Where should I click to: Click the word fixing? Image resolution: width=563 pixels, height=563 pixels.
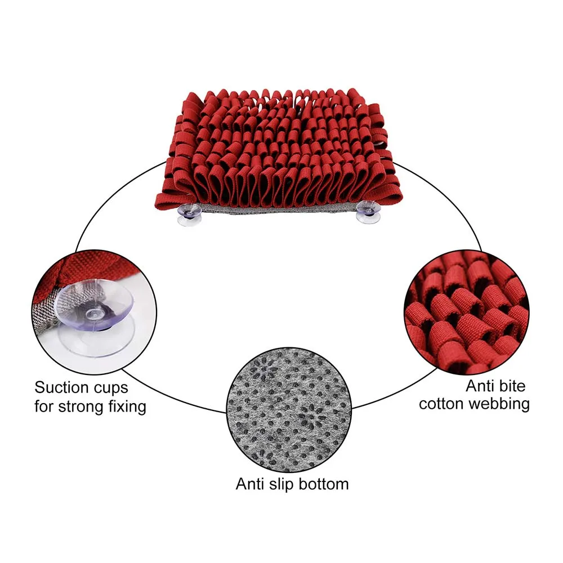tap(127, 407)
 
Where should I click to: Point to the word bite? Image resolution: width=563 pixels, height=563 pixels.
tap(512, 386)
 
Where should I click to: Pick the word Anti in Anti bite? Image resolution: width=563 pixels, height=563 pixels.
tap(480, 386)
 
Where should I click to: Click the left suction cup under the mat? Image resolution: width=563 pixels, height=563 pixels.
tap(189, 215)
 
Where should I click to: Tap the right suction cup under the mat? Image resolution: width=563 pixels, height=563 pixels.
tap(368, 213)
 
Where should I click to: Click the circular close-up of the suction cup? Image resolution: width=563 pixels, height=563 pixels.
tap(94, 312)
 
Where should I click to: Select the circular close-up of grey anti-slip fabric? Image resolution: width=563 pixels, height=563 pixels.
tap(289, 410)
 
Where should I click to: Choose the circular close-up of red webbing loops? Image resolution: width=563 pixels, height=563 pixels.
tap(467, 312)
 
